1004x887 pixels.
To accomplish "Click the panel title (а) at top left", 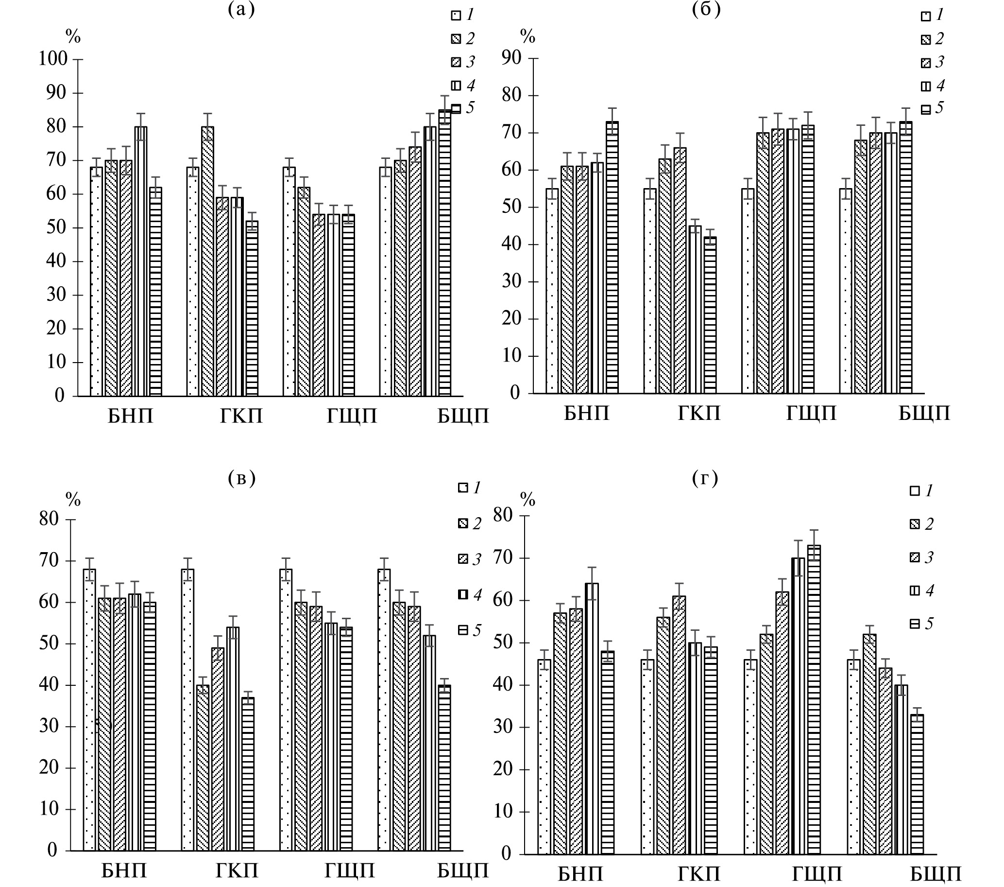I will coord(242,9).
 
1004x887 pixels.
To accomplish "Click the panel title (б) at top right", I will coord(706,9).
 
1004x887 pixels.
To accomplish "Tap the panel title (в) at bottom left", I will coord(242,478).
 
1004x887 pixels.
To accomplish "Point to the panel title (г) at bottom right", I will coord(705,478).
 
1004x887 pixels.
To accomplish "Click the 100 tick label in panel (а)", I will coord(53,58).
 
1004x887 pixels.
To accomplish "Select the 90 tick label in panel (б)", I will coord(511,57).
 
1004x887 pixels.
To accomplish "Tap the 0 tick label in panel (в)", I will coord(52,850).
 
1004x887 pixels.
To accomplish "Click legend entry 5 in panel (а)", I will coord(464,108).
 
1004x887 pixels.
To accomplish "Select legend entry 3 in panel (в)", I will coord(470,559).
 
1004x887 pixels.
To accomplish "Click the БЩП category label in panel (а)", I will coord(463,416).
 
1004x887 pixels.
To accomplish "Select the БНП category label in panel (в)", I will coord(124,871).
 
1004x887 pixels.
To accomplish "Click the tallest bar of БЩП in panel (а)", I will coord(444,253).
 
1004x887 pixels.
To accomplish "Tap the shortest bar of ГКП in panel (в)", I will coord(248,774).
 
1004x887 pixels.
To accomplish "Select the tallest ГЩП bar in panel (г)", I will coord(815,700).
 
